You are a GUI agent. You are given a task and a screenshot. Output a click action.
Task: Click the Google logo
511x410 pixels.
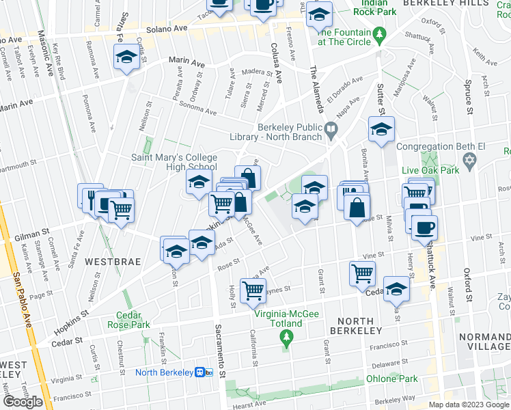(x=23, y=402)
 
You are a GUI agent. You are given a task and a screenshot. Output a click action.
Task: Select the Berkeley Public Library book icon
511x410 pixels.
(x=331, y=127)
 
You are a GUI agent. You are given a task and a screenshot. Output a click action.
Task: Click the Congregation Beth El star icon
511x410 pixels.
(x=469, y=160)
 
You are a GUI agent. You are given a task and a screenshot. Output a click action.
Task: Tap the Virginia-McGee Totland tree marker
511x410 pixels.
(x=288, y=337)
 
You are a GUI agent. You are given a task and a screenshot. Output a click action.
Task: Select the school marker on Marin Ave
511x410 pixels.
(x=127, y=58)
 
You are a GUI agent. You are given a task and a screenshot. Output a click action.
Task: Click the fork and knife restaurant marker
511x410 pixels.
(x=90, y=197)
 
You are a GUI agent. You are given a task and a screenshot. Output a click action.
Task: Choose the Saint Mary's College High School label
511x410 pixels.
(x=174, y=162)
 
